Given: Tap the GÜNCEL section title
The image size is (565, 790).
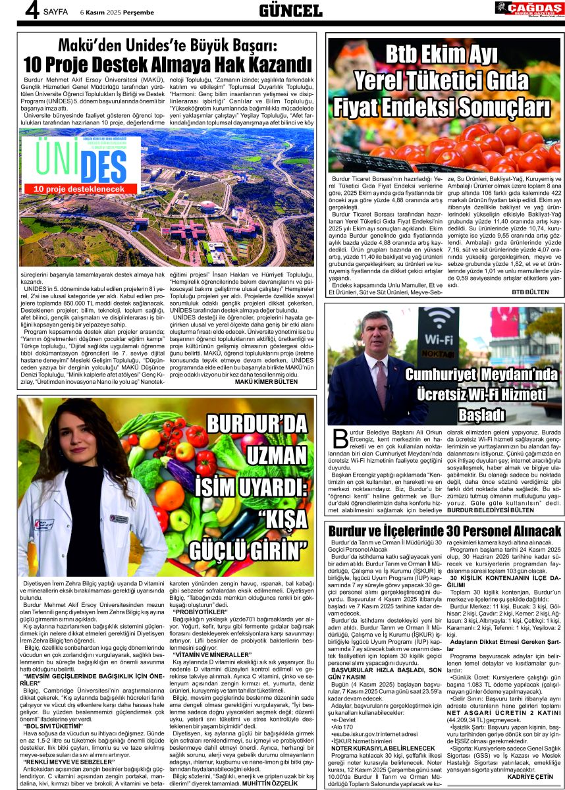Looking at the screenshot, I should [x=291, y=10].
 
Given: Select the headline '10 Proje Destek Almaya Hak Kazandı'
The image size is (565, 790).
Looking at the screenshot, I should [x=167, y=65].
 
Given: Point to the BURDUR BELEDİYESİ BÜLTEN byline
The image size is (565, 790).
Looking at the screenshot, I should [x=513, y=509].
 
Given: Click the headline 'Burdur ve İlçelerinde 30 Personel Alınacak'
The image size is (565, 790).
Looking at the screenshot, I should [x=445, y=531].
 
